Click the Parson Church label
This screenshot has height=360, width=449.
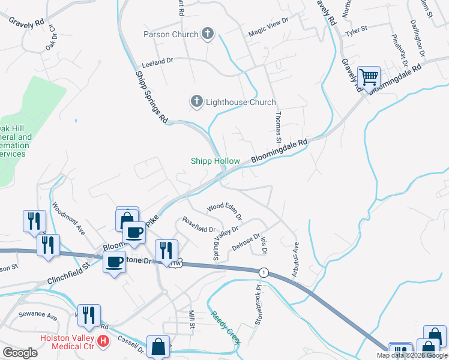pos(170,34)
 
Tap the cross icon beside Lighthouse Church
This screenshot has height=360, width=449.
pos(197,102)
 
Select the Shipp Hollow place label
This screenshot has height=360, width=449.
pos(215,161)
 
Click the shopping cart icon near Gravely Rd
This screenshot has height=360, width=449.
pos(369,77)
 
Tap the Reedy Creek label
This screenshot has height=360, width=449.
pos(226,328)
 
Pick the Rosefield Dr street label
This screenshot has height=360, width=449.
pos(199,224)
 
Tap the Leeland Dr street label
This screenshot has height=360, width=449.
pos(157,61)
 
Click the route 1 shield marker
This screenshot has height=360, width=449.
pos(263,272)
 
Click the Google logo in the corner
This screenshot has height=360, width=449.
pos(20,353)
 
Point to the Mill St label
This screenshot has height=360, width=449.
pos(192,319)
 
